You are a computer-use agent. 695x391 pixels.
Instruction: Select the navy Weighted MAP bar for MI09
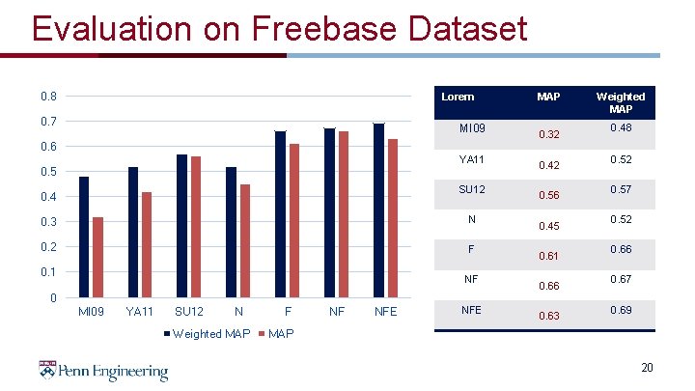click(x=84, y=237)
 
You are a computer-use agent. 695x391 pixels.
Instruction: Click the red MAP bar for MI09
click(x=97, y=257)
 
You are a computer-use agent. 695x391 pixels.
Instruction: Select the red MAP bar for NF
click(x=343, y=214)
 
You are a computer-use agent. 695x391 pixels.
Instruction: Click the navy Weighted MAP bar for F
click(x=280, y=214)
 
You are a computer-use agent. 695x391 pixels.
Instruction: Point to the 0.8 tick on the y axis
click(x=48, y=97)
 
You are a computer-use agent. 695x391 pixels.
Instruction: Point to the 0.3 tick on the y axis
click(x=48, y=222)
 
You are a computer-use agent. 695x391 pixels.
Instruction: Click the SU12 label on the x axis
click(x=189, y=312)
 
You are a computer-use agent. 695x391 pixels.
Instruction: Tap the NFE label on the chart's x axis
click(x=386, y=312)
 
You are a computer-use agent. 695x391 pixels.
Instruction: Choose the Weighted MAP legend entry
click(x=208, y=334)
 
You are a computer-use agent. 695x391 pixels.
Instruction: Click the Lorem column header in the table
click(x=457, y=98)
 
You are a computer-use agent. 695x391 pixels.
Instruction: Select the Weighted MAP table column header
click(x=621, y=102)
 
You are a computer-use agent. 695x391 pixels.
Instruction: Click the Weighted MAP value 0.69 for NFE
click(x=621, y=310)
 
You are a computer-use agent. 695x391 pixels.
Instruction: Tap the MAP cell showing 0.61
click(x=548, y=255)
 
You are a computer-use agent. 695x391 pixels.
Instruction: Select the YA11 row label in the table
click(x=471, y=157)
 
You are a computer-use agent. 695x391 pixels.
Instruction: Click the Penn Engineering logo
click(x=103, y=371)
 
